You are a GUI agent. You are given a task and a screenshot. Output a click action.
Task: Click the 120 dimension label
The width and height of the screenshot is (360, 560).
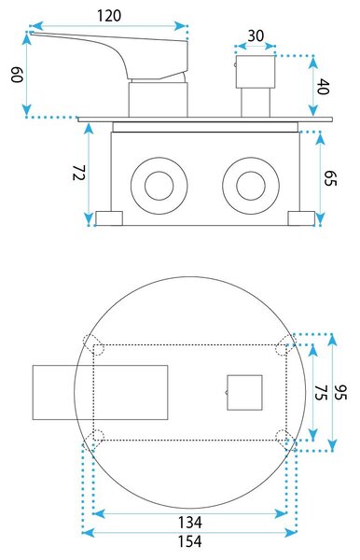tap(109, 16)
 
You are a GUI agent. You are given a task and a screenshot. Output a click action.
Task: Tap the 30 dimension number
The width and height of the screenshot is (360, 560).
tap(256, 36)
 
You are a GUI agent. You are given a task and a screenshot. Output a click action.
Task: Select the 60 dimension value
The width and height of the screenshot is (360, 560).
tap(17, 74)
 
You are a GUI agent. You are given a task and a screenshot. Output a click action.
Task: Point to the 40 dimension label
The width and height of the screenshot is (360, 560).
tap(323, 87)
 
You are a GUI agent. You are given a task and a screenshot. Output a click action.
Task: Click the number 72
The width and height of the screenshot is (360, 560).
tap(79, 173)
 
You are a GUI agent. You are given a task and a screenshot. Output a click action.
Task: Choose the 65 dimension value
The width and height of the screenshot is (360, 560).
tap(330, 178)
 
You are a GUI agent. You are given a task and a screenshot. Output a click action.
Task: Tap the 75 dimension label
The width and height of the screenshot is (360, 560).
tap(321, 393)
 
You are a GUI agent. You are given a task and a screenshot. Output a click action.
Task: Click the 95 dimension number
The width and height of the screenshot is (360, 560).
tap(340, 393)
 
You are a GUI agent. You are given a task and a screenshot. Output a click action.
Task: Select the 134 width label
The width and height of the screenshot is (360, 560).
tap(190, 522)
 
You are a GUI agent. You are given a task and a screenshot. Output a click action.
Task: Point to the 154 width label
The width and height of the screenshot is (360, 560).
tap(190, 541)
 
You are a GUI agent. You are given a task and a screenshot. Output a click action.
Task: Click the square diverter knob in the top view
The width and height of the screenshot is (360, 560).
tap(244, 393)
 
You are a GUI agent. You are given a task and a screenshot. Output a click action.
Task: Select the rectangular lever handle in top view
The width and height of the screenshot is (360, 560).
tap(100, 392)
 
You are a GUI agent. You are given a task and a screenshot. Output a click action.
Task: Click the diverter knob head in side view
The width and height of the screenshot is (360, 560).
tap(256, 72)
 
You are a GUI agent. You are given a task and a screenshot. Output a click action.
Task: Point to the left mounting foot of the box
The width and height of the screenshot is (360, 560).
tap(109, 218)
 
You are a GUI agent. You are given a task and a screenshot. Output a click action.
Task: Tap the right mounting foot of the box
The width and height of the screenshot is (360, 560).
tap(301, 218)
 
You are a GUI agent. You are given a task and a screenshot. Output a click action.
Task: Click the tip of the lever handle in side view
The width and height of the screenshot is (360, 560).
tap(30, 34)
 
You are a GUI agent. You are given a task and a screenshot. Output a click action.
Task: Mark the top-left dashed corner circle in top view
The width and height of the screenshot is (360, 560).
tap(93, 344)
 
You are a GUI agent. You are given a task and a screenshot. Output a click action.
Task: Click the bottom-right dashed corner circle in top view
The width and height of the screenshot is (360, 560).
tap(286, 440)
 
